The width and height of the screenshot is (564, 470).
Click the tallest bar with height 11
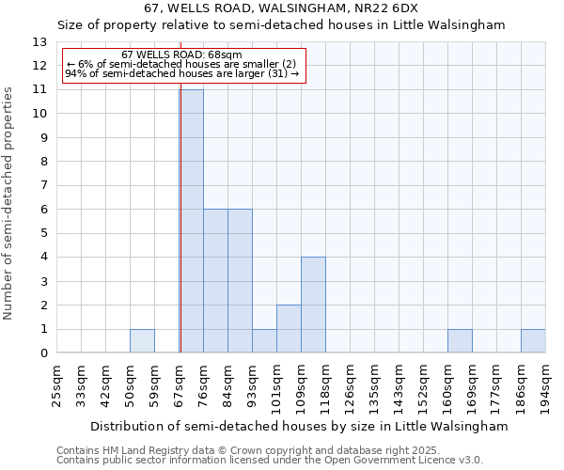192,222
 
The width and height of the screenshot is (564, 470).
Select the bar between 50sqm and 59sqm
142,341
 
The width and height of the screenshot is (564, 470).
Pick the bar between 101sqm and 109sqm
289,329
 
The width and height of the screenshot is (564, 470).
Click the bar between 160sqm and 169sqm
460,341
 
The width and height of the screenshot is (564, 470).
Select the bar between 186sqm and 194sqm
533,341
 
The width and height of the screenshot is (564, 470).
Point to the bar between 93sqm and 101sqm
264,341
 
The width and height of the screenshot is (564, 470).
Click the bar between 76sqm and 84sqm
215,281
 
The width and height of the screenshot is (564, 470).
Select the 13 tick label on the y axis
39,42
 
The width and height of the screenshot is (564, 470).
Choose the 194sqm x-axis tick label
545,384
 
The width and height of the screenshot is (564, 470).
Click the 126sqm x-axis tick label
350,384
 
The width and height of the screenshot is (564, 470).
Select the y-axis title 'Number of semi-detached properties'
9,203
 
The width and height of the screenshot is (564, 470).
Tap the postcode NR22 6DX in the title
384,8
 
